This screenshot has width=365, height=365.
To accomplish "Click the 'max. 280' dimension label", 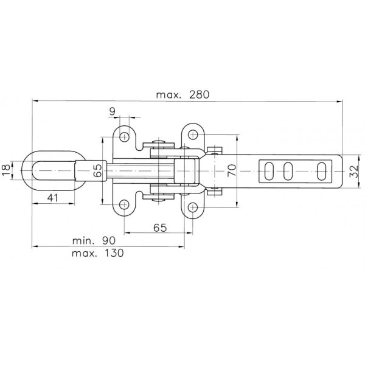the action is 182,95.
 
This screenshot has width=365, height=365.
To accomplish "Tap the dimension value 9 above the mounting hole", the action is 112,111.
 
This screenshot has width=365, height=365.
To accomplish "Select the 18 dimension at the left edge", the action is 6,170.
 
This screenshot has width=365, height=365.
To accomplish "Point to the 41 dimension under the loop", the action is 52,198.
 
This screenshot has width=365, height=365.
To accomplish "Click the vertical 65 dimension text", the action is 97,170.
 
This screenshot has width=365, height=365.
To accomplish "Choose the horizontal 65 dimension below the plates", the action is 160,228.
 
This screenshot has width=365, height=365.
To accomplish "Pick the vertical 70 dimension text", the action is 232,170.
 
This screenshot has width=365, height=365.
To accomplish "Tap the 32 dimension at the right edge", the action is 354,172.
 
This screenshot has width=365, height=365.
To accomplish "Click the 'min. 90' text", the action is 94,241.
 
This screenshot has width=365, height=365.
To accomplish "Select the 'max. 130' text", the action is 98,253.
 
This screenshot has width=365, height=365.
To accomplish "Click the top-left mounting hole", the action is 124,137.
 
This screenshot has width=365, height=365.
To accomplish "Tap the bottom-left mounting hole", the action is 124,204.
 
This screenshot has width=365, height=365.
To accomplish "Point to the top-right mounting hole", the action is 193,134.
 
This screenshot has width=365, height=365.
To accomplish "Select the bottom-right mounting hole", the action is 193,207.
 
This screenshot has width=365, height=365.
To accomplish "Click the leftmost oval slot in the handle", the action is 269,171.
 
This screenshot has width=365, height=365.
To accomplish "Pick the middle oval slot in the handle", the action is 288,171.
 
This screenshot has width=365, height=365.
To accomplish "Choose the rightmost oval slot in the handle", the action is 321,171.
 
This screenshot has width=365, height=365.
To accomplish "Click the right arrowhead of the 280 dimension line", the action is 339,101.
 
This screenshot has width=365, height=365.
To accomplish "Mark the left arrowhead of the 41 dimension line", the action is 35,204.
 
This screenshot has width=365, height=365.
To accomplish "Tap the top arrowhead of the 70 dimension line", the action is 237,137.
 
